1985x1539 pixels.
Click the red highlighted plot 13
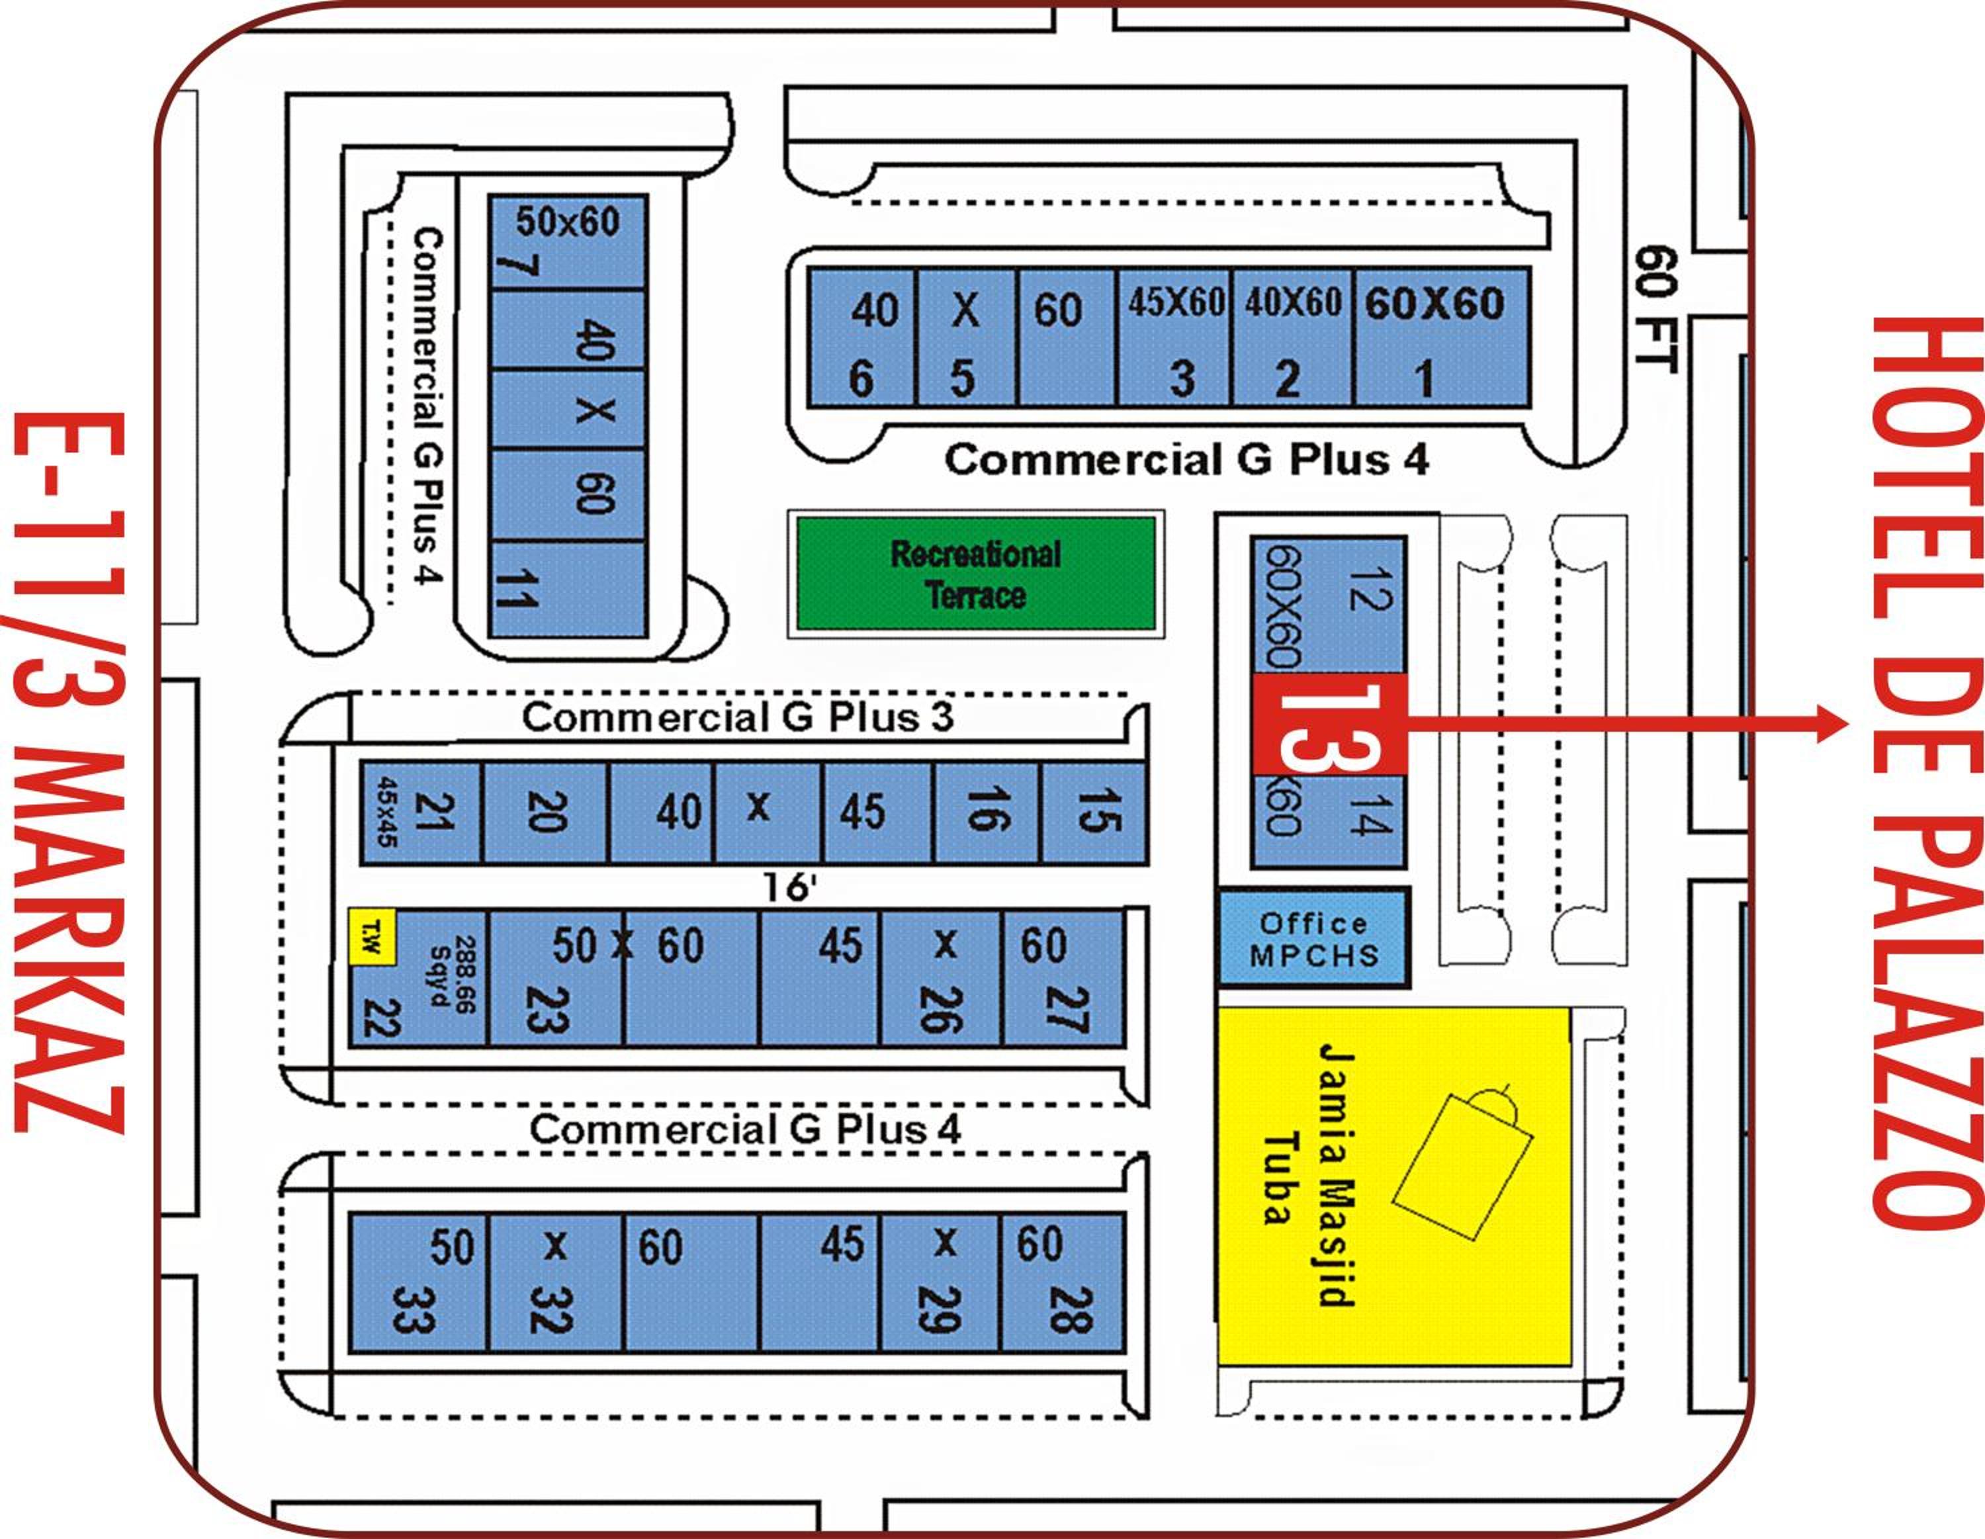(x=1329, y=724)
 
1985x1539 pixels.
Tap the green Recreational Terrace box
(x=975, y=574)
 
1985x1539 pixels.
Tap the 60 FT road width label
(x=1654, y=308)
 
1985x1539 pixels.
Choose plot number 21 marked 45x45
(x=421, y=812)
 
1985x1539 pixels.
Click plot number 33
(x=418, y=1282)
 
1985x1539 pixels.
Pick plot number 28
(x=1063, y=1282)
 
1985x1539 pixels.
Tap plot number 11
(x=567, y=589)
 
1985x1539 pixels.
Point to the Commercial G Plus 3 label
(x=737, y=717)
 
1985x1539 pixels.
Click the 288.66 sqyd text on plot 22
(x=453, y=973)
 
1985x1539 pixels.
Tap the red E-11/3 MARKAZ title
(x=68, y=773)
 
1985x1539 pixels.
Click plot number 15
(x=1093, y=812)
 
